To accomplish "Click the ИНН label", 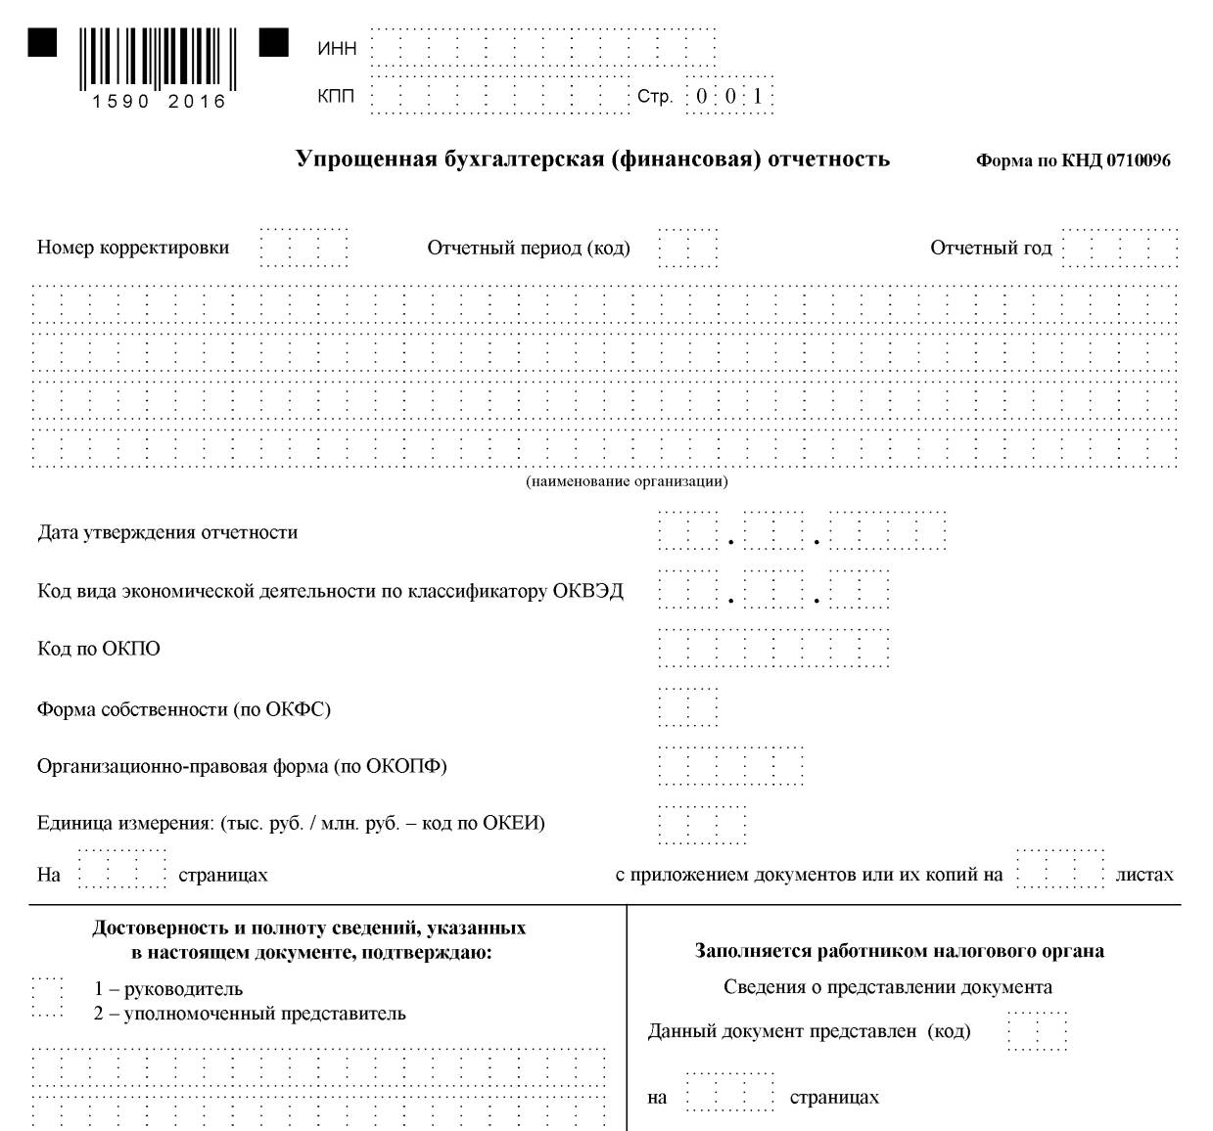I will tap(338, 49).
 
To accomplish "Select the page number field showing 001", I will tap(729, 97).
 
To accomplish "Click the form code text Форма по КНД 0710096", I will tap(1073, 161).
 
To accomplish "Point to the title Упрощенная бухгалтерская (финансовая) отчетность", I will tap(592, 158).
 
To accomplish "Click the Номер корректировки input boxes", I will tap(304, 248).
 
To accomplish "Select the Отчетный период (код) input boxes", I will tap(688, 248).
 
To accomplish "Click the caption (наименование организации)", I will tap(627, 481).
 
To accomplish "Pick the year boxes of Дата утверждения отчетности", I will tap(888, 533).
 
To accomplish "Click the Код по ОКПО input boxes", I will tap(773, 649).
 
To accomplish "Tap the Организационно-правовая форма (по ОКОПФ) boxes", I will tap(730, 765).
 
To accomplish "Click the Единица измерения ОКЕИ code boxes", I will tap(702, 823).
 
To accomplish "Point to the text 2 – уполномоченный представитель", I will tap(250, 1014).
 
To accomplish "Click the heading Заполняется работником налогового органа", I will tap(900, 951).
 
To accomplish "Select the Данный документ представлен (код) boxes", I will tap(1037, 1031).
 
